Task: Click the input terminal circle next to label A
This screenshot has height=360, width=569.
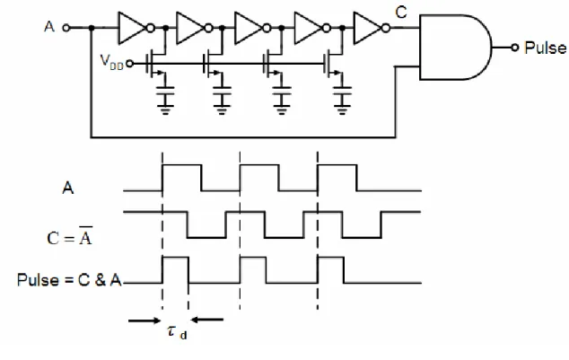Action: [66, 28]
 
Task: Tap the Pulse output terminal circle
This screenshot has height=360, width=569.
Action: [514, 48]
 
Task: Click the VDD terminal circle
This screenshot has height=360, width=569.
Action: [129, 64]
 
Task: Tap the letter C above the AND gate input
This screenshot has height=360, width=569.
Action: [401, 13]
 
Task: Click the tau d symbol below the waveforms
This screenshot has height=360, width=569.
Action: [178, 332]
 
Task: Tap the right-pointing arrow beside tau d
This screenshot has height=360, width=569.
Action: [144, 320]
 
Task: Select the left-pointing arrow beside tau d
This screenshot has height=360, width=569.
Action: [206, 320]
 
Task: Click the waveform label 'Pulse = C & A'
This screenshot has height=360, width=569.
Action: [69, 280]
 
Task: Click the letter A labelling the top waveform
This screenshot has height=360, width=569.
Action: [68, 189]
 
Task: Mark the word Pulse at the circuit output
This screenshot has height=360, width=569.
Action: [546, 48]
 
